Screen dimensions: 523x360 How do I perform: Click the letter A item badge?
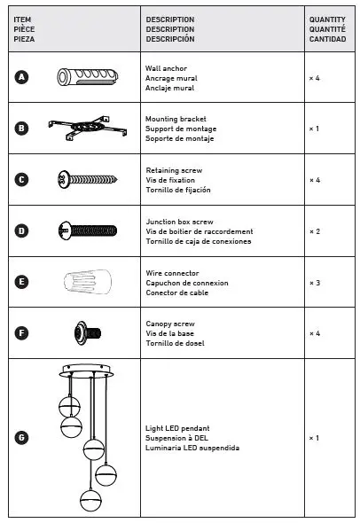(22, 77)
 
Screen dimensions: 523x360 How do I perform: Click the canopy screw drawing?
(87, 333)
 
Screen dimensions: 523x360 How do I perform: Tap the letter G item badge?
(22, 437)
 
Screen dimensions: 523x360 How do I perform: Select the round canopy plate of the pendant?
(88, 369)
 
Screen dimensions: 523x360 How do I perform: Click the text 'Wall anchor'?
(166, 67)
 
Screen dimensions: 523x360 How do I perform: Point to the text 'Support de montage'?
(181, 129)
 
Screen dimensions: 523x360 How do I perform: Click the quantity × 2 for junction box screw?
(314, 231)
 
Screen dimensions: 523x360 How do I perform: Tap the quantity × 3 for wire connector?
(314, 283)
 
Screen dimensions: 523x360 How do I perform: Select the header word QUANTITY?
(327, 19)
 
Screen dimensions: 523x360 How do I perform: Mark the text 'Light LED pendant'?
(177, 428)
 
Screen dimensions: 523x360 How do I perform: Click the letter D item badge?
(22, 230)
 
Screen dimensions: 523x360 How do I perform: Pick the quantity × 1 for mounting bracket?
(314, 129)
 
